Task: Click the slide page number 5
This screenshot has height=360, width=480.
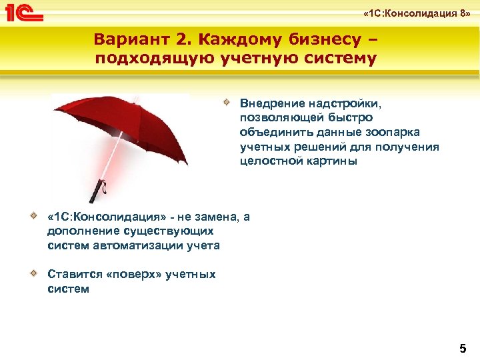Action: pyautogui.click(x=463, y=348)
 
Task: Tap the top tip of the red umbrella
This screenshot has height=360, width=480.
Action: pyautogui.click(x=137, y=97)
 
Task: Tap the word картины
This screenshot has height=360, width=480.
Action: pyautogui.click(x=327, y=161)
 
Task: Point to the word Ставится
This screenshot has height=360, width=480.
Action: pyautogui.click(x=72, y=274)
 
